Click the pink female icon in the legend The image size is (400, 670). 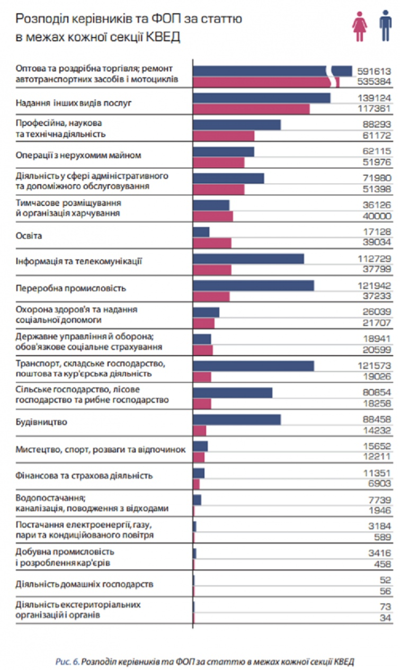[359, 26]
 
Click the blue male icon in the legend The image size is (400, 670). [385, 26]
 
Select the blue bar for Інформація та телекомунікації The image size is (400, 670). [248, 258]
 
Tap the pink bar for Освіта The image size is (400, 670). [212, 243]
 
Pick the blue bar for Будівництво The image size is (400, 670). [237, 419]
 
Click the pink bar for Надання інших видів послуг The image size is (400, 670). [251, 109]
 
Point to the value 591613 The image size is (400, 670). [374, 71]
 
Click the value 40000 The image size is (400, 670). [377, 216]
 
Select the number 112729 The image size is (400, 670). [374, 258]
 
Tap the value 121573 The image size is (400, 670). [374, 365]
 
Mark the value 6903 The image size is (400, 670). [379, 484]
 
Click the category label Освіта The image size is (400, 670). [29, 236]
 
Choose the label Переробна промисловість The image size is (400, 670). [70, 288]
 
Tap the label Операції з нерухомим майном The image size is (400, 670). [78, 155]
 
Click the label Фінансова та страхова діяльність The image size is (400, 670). [84, 476]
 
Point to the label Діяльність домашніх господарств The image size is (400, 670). [84, 584]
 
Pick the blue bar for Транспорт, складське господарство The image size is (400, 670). [253, 366]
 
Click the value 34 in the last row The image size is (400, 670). [385, 618]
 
